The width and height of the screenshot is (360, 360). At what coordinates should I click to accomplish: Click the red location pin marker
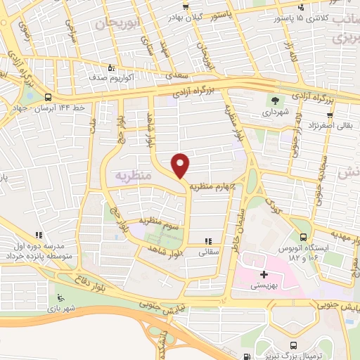(181, 165)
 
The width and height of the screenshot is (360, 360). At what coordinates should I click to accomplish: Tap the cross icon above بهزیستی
(264, 274)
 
